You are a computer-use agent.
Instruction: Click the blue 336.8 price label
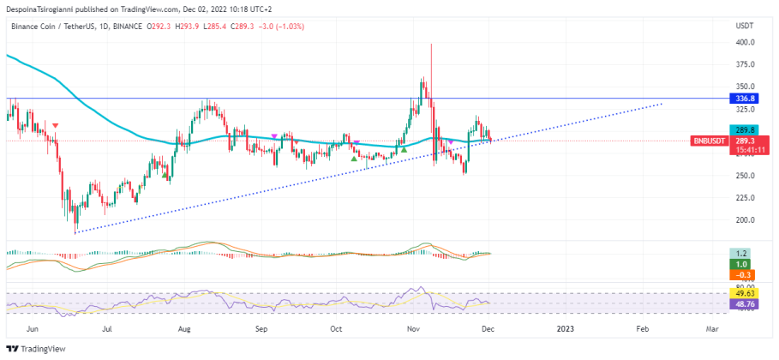click(x=743, y=99)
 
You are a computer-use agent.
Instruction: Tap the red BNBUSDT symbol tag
click(x=710, y=140)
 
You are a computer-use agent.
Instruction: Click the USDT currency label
click(x=744, y=27)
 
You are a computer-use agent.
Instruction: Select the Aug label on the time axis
click(x=184, y=328)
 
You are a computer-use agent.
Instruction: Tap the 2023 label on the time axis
click(x=565, y=328)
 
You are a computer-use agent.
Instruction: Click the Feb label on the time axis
click(x=642, y=328)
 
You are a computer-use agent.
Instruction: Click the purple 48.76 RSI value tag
click(x=742, y=304)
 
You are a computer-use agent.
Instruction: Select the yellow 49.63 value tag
click(x=742, y=294)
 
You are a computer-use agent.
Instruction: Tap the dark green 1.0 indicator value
click(x=742, y=265)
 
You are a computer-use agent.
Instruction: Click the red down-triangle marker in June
click(x=56, y=126)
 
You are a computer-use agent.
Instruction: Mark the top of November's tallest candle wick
click(x=431, y=44)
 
